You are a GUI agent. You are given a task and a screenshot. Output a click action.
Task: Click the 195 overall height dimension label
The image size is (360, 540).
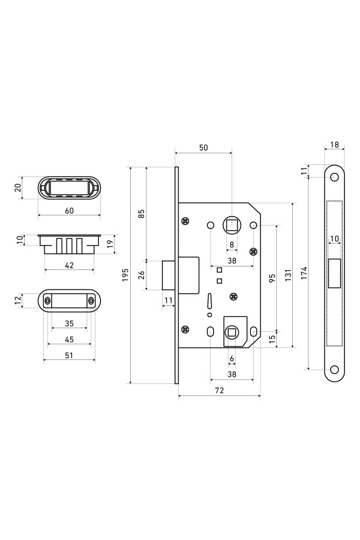125,275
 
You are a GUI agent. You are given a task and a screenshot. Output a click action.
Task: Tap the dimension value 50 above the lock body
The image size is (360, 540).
203,148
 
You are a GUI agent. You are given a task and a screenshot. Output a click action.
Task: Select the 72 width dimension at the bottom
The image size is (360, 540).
220,390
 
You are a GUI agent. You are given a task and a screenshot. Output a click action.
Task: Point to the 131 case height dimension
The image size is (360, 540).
289,275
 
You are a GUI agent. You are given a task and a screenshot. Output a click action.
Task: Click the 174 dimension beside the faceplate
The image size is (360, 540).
304,273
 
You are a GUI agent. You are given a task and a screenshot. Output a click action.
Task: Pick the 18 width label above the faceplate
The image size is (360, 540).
335,145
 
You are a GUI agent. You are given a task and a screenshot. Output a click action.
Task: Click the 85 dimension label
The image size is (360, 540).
141,214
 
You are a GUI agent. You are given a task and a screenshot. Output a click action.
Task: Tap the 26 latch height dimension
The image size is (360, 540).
141,275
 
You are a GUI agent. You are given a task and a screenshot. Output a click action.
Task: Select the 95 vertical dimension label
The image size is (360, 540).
272,278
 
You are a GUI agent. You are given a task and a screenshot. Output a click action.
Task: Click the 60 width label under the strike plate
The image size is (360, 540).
69,211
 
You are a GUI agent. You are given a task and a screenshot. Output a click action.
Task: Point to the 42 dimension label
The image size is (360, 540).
69,265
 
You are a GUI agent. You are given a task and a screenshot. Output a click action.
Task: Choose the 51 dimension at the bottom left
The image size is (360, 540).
69,355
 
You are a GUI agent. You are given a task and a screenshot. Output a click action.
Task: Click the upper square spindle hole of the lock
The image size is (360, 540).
232,225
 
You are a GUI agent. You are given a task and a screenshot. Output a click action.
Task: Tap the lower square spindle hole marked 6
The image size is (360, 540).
232,332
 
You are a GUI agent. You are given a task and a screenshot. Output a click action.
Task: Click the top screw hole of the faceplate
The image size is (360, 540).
334,178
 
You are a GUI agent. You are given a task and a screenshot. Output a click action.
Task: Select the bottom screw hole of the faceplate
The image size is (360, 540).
334,370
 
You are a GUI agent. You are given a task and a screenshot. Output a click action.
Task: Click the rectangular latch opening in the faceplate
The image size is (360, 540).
335,273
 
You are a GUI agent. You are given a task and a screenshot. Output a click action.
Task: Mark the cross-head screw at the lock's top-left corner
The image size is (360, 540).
185,221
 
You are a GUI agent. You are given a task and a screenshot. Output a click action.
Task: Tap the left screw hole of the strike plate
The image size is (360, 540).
47,301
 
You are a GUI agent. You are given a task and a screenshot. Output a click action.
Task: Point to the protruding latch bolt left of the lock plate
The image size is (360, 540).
169,275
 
